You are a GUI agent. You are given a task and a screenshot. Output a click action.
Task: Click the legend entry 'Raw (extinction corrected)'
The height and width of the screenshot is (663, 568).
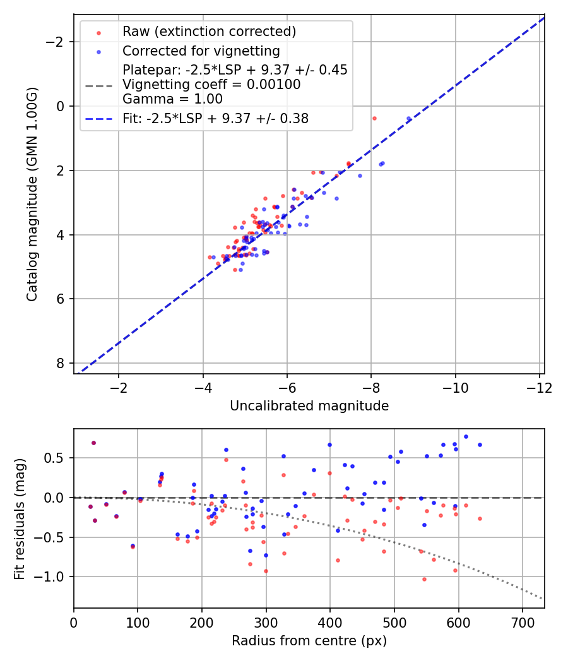(209, 32)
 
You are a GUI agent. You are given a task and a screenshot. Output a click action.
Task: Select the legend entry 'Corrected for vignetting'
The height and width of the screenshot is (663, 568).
(201, 51)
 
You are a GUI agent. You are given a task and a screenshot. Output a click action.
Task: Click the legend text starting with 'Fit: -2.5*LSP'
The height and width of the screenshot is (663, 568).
(215, 118)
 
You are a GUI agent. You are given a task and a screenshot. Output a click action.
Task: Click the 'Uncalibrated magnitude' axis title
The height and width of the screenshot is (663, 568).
(309, 405)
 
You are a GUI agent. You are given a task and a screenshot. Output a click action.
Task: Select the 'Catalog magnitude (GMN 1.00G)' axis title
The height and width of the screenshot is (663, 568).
(33, 194)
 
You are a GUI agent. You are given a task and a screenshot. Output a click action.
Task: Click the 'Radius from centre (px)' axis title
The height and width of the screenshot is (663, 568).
(309, 641)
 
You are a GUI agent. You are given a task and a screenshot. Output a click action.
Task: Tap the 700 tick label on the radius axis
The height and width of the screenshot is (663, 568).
(523, 622)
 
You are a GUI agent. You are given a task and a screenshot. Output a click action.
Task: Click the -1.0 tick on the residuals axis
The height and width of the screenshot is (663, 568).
(53, 576)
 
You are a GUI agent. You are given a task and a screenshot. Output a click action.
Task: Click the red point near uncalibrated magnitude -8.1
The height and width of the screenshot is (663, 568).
(374, 118)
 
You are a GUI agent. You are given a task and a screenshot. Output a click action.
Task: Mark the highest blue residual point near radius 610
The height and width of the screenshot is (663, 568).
(466, 436)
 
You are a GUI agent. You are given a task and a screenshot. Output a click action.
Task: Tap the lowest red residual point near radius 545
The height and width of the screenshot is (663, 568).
(424, 579)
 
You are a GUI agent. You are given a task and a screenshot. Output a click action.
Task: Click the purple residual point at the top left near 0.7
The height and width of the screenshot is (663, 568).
(93, 443)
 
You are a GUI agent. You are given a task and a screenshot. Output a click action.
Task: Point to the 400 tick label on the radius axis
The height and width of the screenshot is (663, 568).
(330, 622)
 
